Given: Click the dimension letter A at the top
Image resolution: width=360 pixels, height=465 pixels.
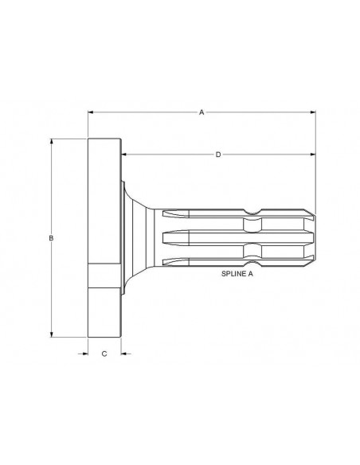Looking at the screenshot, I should (x=202, y=113).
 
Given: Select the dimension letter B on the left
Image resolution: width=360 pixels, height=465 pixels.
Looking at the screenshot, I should (x=51, y=238).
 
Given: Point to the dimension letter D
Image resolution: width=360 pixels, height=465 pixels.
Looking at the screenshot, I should (x=217, y=154).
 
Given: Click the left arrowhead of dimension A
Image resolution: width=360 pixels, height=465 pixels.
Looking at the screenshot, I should (x=91, y=113).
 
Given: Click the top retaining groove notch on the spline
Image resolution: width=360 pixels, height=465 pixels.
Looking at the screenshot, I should (x=251, y=213).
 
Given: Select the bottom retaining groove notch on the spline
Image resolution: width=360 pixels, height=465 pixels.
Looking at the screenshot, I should (x=251, y=262).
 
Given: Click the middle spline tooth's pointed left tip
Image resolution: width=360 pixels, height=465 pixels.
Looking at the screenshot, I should (x=162, y=237).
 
